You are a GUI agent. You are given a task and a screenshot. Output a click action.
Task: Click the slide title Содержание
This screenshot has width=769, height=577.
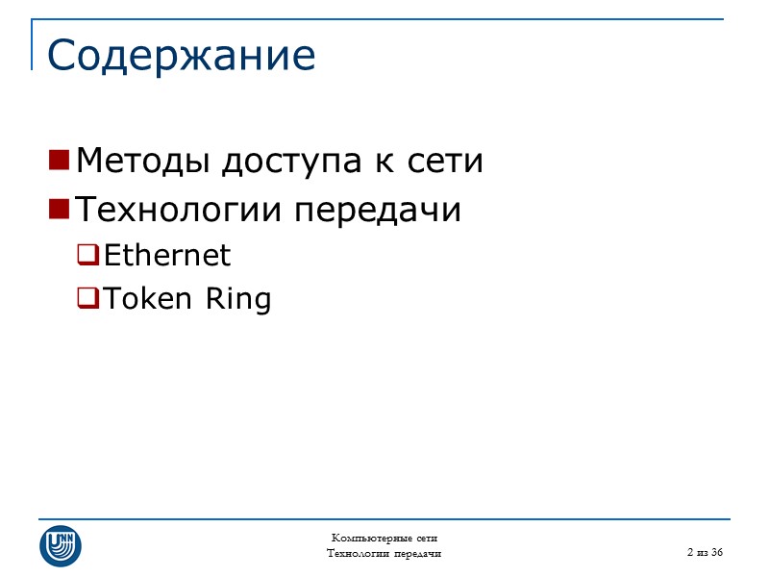pyautogui.click(x=181, y=56)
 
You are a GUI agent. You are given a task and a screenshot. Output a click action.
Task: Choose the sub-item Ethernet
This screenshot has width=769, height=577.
pyautogui.click(x=167, y=255)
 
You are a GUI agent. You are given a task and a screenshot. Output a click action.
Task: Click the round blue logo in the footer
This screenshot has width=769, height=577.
pyautogui.click(x=60, y=545)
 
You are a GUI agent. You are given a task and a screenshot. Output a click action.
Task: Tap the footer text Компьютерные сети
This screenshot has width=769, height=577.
pyautogui.click(x=384, y=538)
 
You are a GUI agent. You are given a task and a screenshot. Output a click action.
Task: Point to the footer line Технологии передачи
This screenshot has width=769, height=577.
pyautogui.click(x=384, y=553)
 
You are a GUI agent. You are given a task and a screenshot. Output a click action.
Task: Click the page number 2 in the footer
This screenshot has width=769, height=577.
pyautogui.click(x=690, y=552)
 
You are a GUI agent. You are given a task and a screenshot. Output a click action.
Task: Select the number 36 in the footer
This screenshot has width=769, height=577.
pyautogui.click(x=716, y=552)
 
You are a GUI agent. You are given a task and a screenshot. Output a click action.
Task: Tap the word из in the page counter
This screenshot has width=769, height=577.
pyautogui.click(x=702, y=552)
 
